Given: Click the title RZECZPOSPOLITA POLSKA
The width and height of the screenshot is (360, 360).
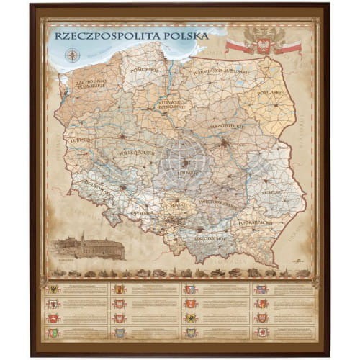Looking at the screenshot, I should pyautogui.click(x=131, y=35).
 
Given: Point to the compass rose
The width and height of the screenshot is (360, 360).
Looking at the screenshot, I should pyautogui.click(x=72, y=54).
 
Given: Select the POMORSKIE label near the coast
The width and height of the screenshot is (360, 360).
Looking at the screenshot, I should pyautogui.click(x=144, y=70).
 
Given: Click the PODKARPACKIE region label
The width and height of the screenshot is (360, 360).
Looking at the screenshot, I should pyautogui.click(x=256, y=224).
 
